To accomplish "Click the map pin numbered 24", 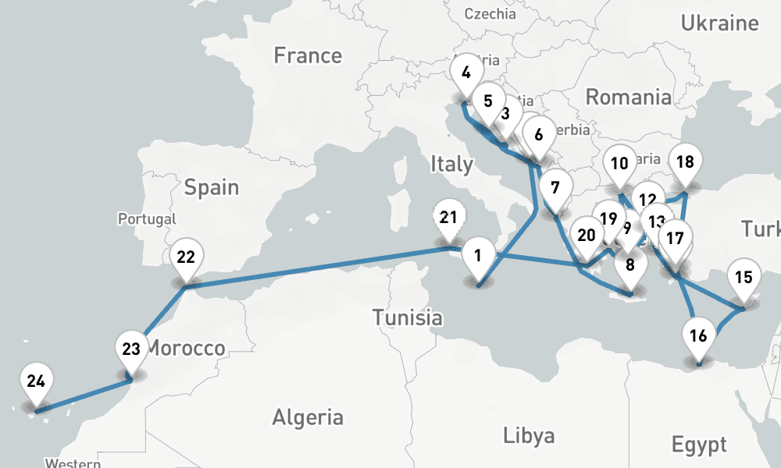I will point(35,381).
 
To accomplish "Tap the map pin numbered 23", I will point(131,349).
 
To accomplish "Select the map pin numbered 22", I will point(186,257).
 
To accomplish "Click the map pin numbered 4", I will point(466,74).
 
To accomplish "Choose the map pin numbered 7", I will point(555,188).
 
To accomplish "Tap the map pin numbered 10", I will point(619,164).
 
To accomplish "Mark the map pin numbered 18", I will point(686,162).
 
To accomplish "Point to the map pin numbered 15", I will point(744,277).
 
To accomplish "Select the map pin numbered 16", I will point(699,336).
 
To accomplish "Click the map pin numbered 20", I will point(587,235).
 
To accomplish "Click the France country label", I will point(308,55).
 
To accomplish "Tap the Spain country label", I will point(212,188).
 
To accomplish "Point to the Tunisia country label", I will point(407,317).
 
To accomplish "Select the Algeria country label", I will point(307,417).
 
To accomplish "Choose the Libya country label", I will point(529,434).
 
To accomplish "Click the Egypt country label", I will point(699,445).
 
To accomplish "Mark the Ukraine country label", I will point(719,23).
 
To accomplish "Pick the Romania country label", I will point(628,97).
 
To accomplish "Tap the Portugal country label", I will point(148,219).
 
